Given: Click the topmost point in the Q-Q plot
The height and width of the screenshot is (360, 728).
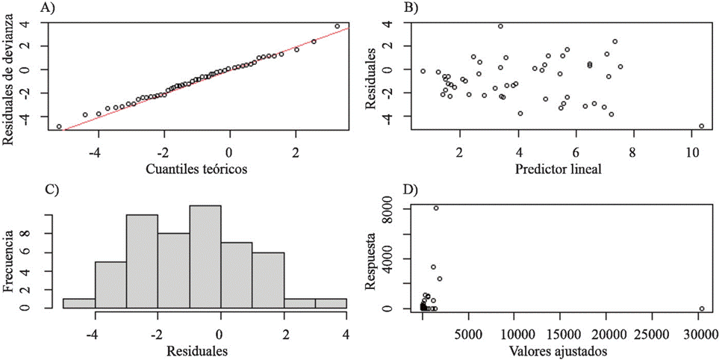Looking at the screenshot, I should pos(337,26).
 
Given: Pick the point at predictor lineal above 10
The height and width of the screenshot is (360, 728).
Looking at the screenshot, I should pos(701,126).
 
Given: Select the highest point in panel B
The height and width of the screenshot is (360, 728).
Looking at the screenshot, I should pos(500,26).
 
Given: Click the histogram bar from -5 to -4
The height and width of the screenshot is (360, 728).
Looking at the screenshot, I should pos(78,303).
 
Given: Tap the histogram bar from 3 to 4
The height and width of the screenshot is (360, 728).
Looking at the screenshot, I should pos(330,303).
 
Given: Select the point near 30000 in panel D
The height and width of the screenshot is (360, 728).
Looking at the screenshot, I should pos(701,308).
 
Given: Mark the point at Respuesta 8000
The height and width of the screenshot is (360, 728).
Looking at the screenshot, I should pos(436,208).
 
